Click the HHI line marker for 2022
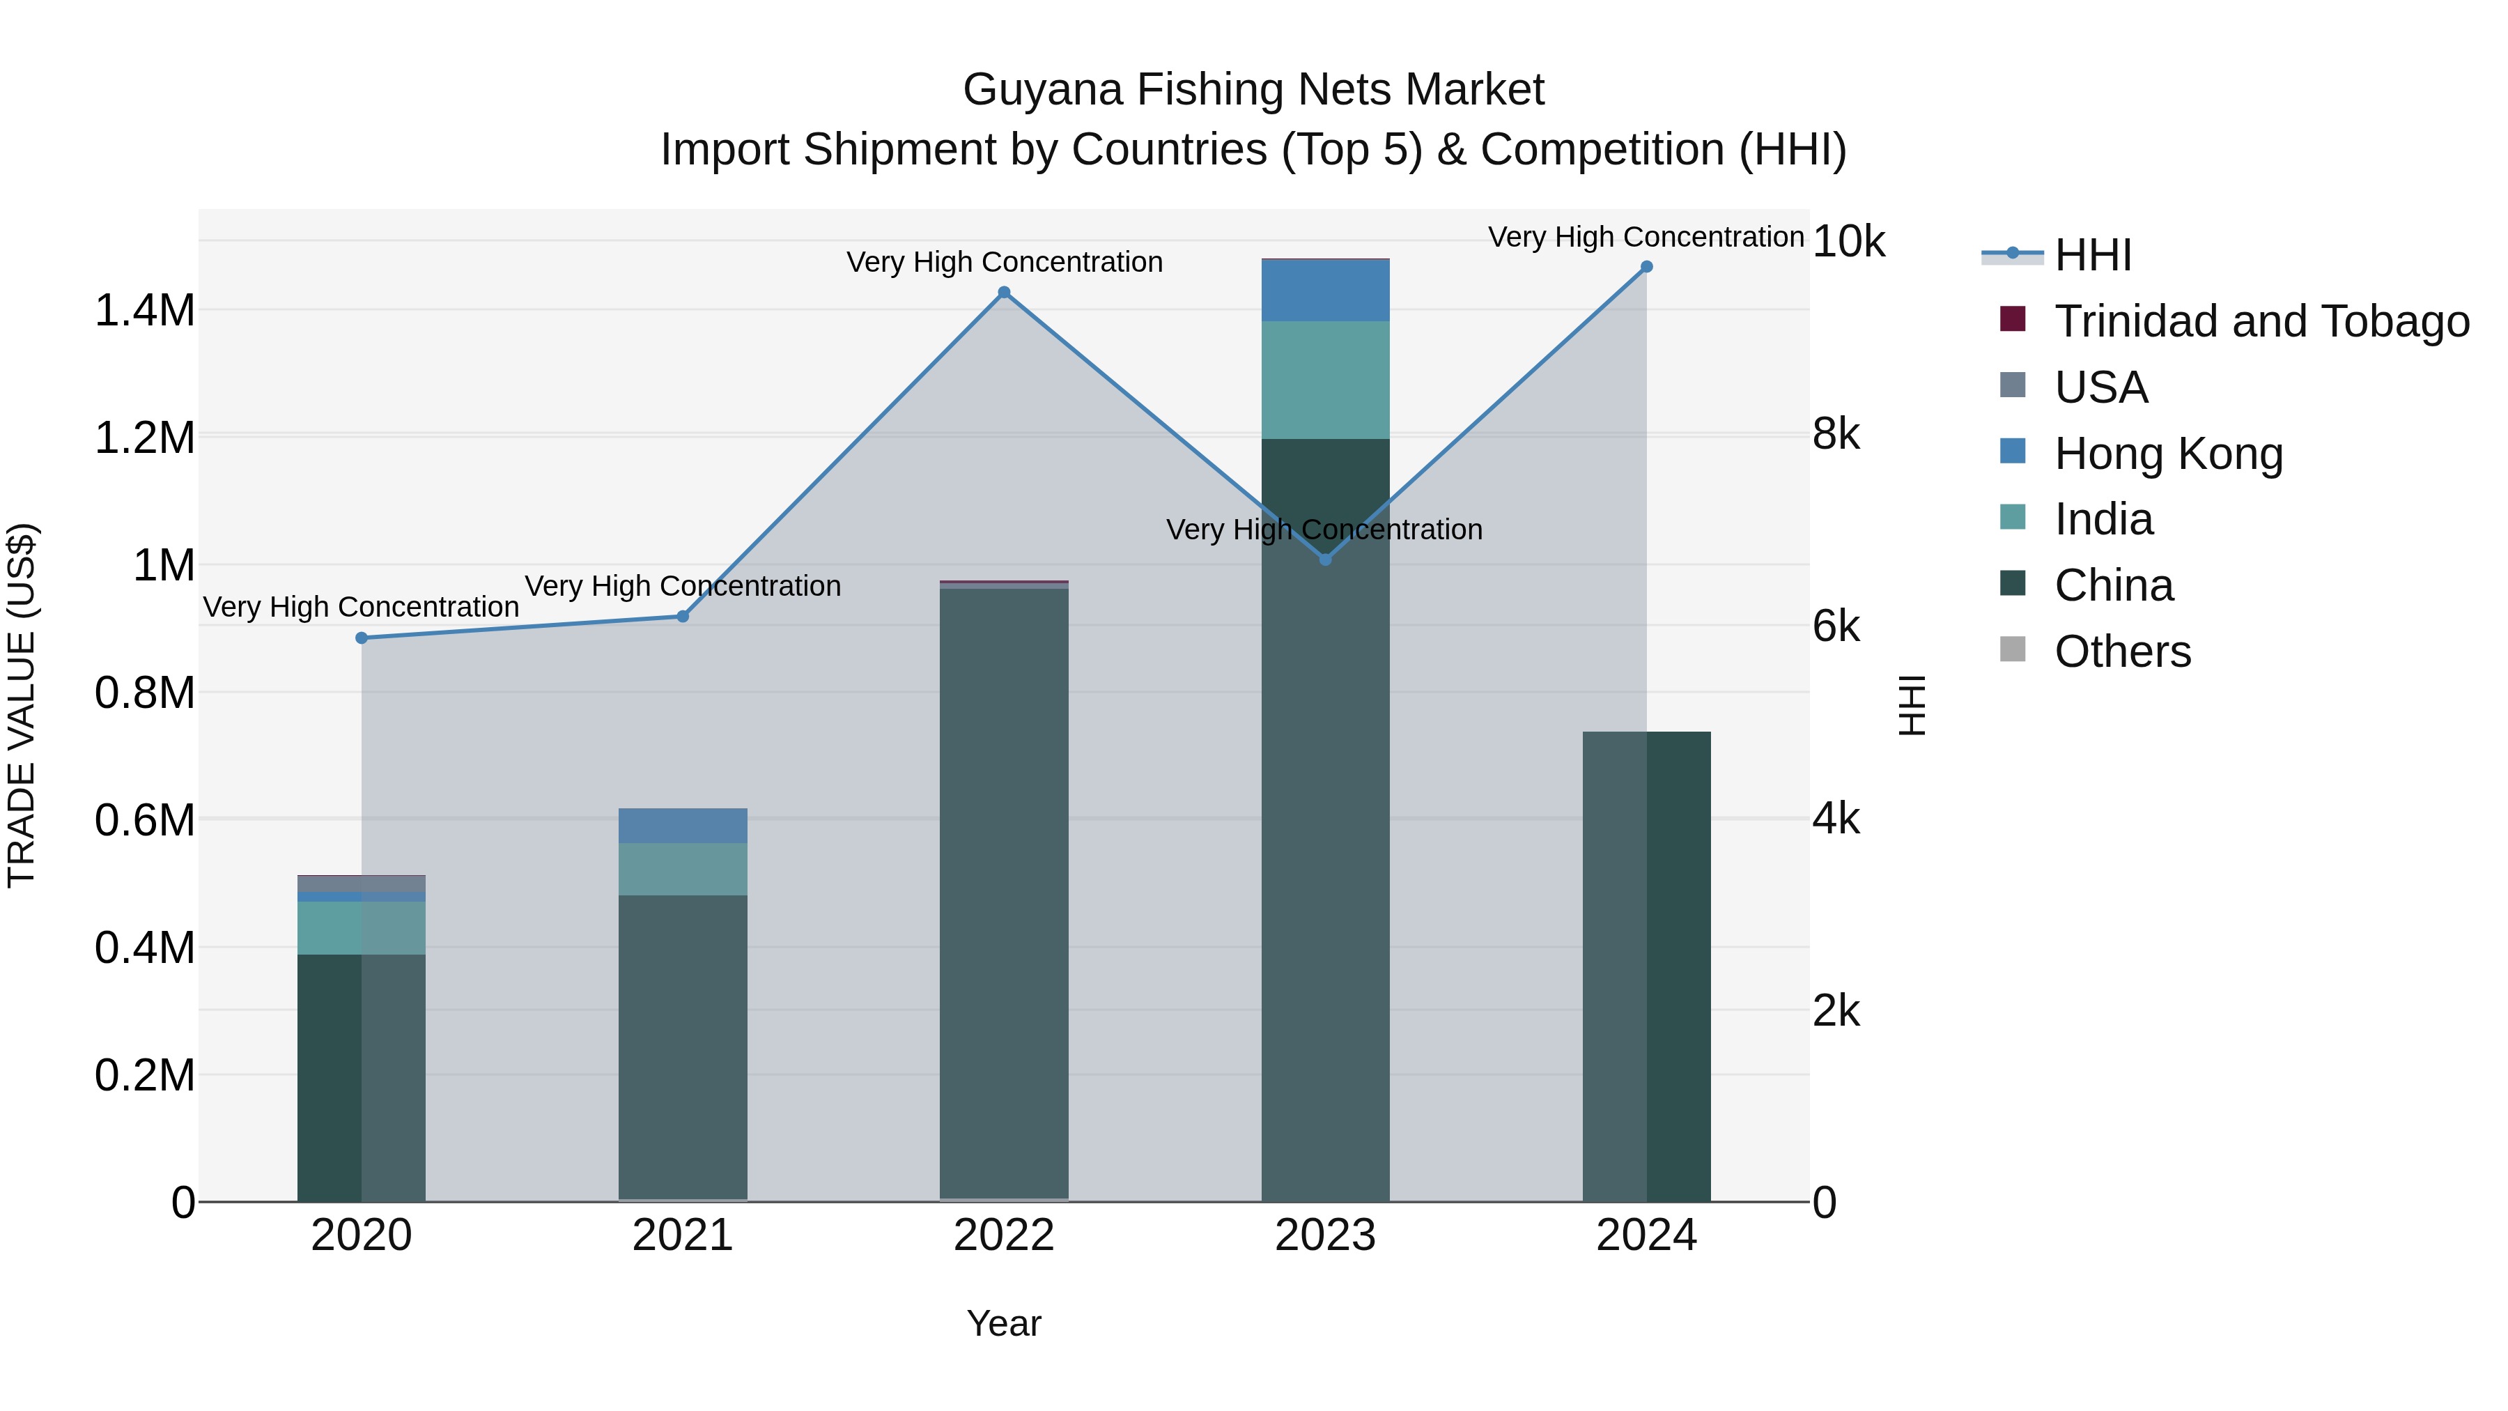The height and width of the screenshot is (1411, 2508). (x=1004, y=292)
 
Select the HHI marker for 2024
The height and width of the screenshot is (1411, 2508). (x=1646, y=267)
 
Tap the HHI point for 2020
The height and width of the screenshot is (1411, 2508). (x=361, y=638)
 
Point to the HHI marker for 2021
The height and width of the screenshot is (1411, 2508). (x=683, y=617)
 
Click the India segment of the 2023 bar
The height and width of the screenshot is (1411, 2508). (x=1325, y=380)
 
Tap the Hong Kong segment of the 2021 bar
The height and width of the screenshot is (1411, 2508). (x=683, y=826)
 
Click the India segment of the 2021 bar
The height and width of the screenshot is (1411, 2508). (x=683, y=870)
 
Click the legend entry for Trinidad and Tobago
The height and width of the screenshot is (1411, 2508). (x=2261, y=321)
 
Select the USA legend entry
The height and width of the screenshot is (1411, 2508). (x=2100, y=387)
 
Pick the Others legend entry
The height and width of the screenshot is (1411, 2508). (x=2123, y=651)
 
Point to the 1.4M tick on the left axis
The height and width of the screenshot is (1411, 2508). (x=144, y=311)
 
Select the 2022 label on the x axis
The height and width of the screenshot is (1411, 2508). (x=1004, y=1235)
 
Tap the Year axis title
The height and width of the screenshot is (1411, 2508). (x=1004, y=1323)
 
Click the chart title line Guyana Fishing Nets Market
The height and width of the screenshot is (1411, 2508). (x=1253, y=90)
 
